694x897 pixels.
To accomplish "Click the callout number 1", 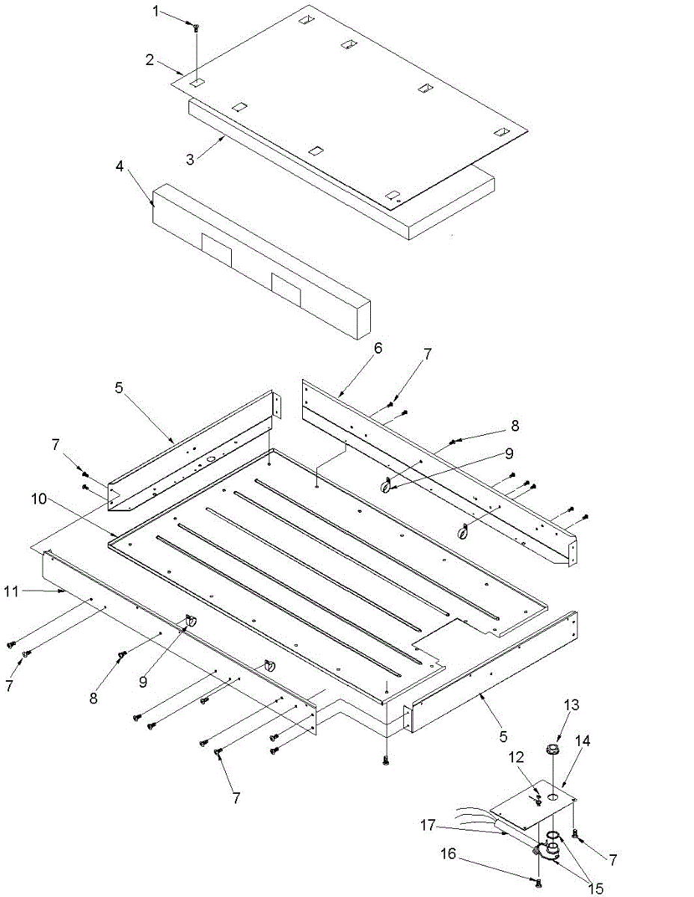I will click(x=156, y=12).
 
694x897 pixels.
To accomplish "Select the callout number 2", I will click(x=150, y=60).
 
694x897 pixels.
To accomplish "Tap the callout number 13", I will click(x=571, y=704).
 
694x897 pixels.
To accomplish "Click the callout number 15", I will click(x=596, y=888).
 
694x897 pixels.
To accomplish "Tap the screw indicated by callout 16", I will click(x=538, y=884).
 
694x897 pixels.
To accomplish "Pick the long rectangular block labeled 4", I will click(x=262, y=258).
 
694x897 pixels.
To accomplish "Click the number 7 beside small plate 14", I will click(x=612, y=860).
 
